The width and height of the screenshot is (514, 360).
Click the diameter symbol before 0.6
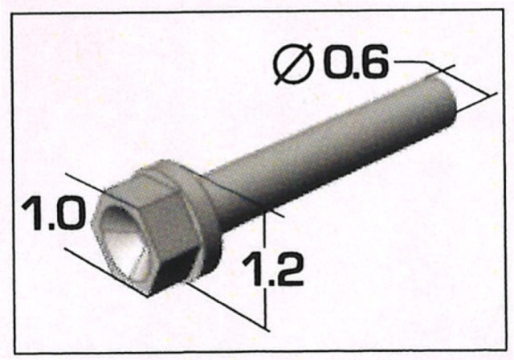[x=293, y=64]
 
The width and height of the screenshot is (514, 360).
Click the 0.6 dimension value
[x=357, y=63]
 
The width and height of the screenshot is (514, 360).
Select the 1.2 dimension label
[x=272, y=268]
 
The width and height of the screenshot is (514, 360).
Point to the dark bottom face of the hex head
[x=173, y=272]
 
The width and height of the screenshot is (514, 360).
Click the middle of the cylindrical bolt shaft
[x=328, y=148]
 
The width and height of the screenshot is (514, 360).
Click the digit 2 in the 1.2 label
[x=288, y=268]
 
